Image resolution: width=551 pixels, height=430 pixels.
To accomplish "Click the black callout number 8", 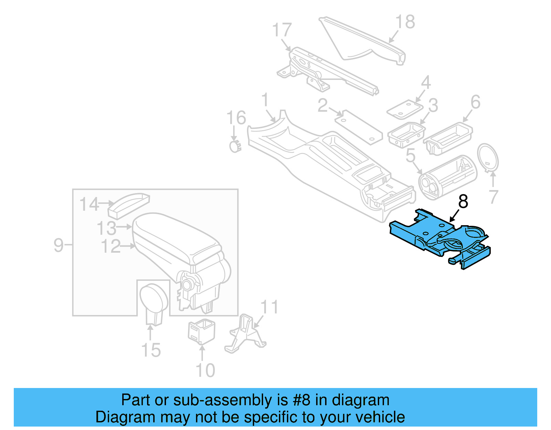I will [x=463, y=202].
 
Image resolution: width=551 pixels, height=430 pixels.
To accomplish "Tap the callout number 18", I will [x=405, y=22].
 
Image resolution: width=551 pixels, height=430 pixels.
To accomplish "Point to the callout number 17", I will [x=282, y=30].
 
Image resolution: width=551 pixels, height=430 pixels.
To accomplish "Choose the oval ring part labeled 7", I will [x=488, y=157].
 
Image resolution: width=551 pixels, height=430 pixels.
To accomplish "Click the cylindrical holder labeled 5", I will [x=448, y=177].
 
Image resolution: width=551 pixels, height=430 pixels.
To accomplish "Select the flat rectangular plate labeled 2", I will [x=358, y=127].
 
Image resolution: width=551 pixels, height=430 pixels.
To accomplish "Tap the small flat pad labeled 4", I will [x=405, y=110].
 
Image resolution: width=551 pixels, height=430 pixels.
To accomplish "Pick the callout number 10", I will [x=205, y=370].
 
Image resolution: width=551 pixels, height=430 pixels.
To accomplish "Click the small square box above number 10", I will [x=201, y=332].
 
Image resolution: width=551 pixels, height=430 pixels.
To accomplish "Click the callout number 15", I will [x=151, y=350].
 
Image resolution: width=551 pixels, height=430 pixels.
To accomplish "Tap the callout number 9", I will [x=59, y=245].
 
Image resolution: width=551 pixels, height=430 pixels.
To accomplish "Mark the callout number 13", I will [x=106, y=228].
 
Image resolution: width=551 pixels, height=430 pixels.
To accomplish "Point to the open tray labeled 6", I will [x=448, y=138].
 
